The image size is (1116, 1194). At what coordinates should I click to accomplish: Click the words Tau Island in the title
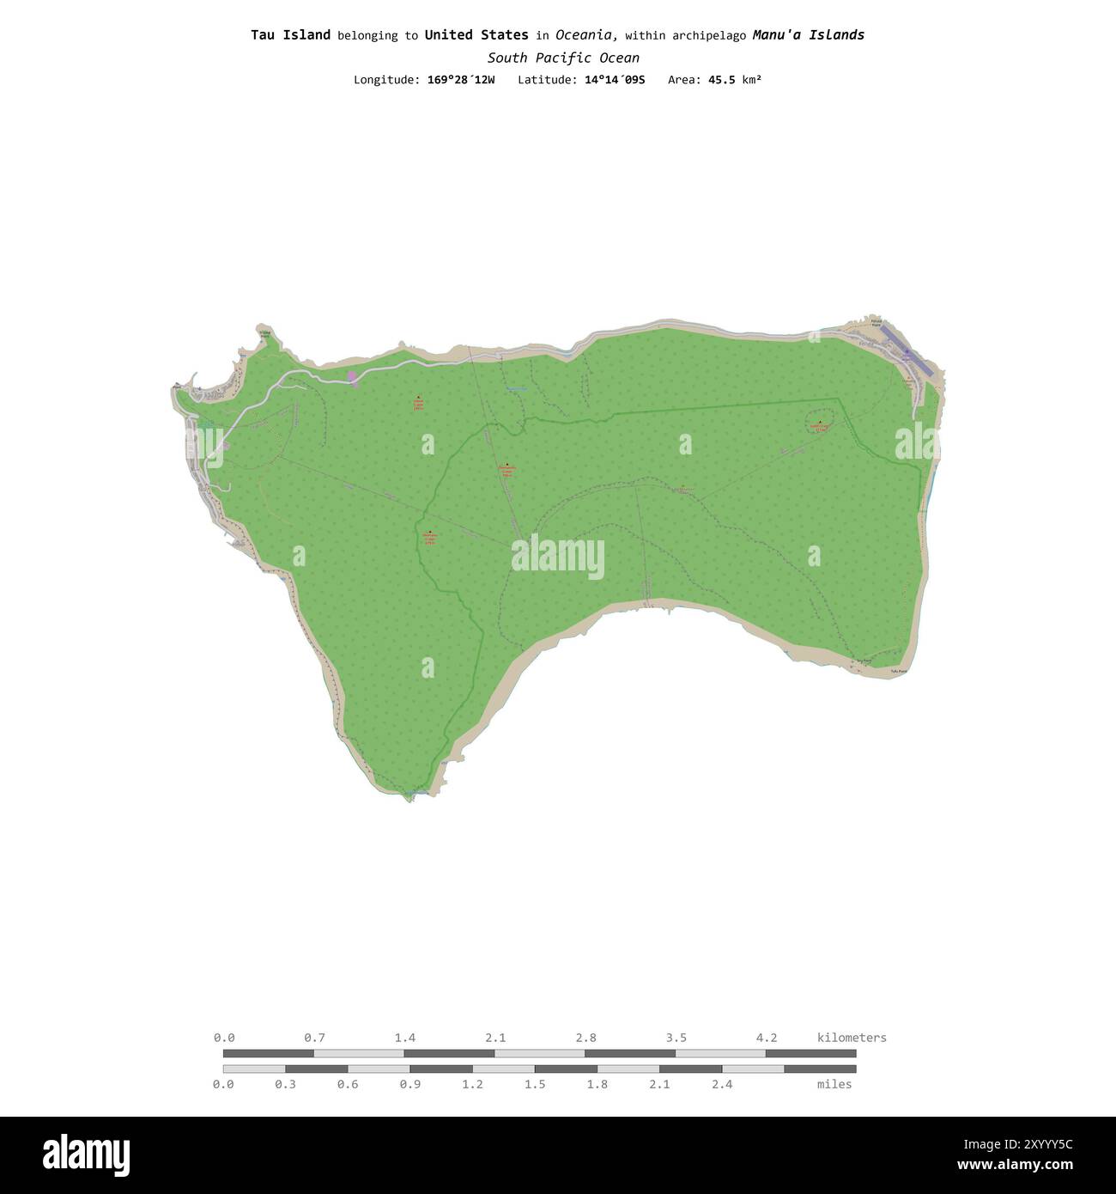tap(290, 35)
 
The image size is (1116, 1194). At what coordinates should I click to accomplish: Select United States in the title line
tap(476, 35)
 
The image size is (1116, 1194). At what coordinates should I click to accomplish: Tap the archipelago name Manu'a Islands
tap(808, 35)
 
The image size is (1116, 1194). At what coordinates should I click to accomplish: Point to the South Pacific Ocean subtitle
tap(563, 58)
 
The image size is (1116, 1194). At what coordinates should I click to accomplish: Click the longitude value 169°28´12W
tap(461, 80)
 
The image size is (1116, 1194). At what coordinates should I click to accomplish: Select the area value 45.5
tap(721, 80)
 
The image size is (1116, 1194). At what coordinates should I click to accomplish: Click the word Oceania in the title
tap(585, 35)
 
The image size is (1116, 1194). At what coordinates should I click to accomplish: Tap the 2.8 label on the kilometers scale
tap(586, 1038)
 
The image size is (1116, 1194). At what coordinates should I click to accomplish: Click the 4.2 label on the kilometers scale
tap(767, 1038)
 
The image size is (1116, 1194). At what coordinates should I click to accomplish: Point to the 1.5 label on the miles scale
tap(535, 1084)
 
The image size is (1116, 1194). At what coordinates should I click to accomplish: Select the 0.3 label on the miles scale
tap(286, 1084)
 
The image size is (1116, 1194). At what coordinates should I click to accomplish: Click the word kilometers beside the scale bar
tap(852, 1038)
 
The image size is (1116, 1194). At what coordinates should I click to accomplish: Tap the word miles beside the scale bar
tap(834, 1084)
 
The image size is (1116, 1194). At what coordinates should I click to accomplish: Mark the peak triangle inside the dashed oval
tap(820, 422)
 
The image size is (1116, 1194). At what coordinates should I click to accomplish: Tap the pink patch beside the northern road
tap(352, 378)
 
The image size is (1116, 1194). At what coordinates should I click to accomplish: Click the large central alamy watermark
tap(558, 557)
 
